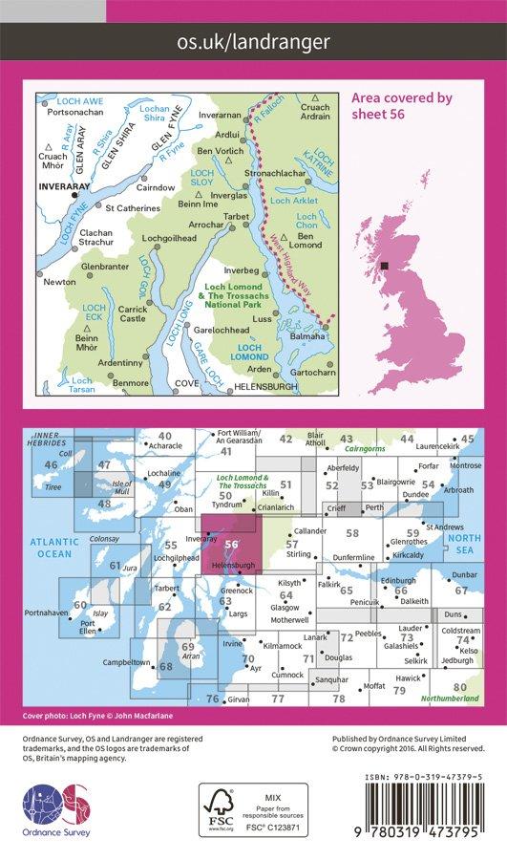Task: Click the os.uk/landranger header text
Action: [253, 41]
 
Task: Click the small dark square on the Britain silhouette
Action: [384, 267]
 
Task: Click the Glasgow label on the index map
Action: [285, 607]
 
